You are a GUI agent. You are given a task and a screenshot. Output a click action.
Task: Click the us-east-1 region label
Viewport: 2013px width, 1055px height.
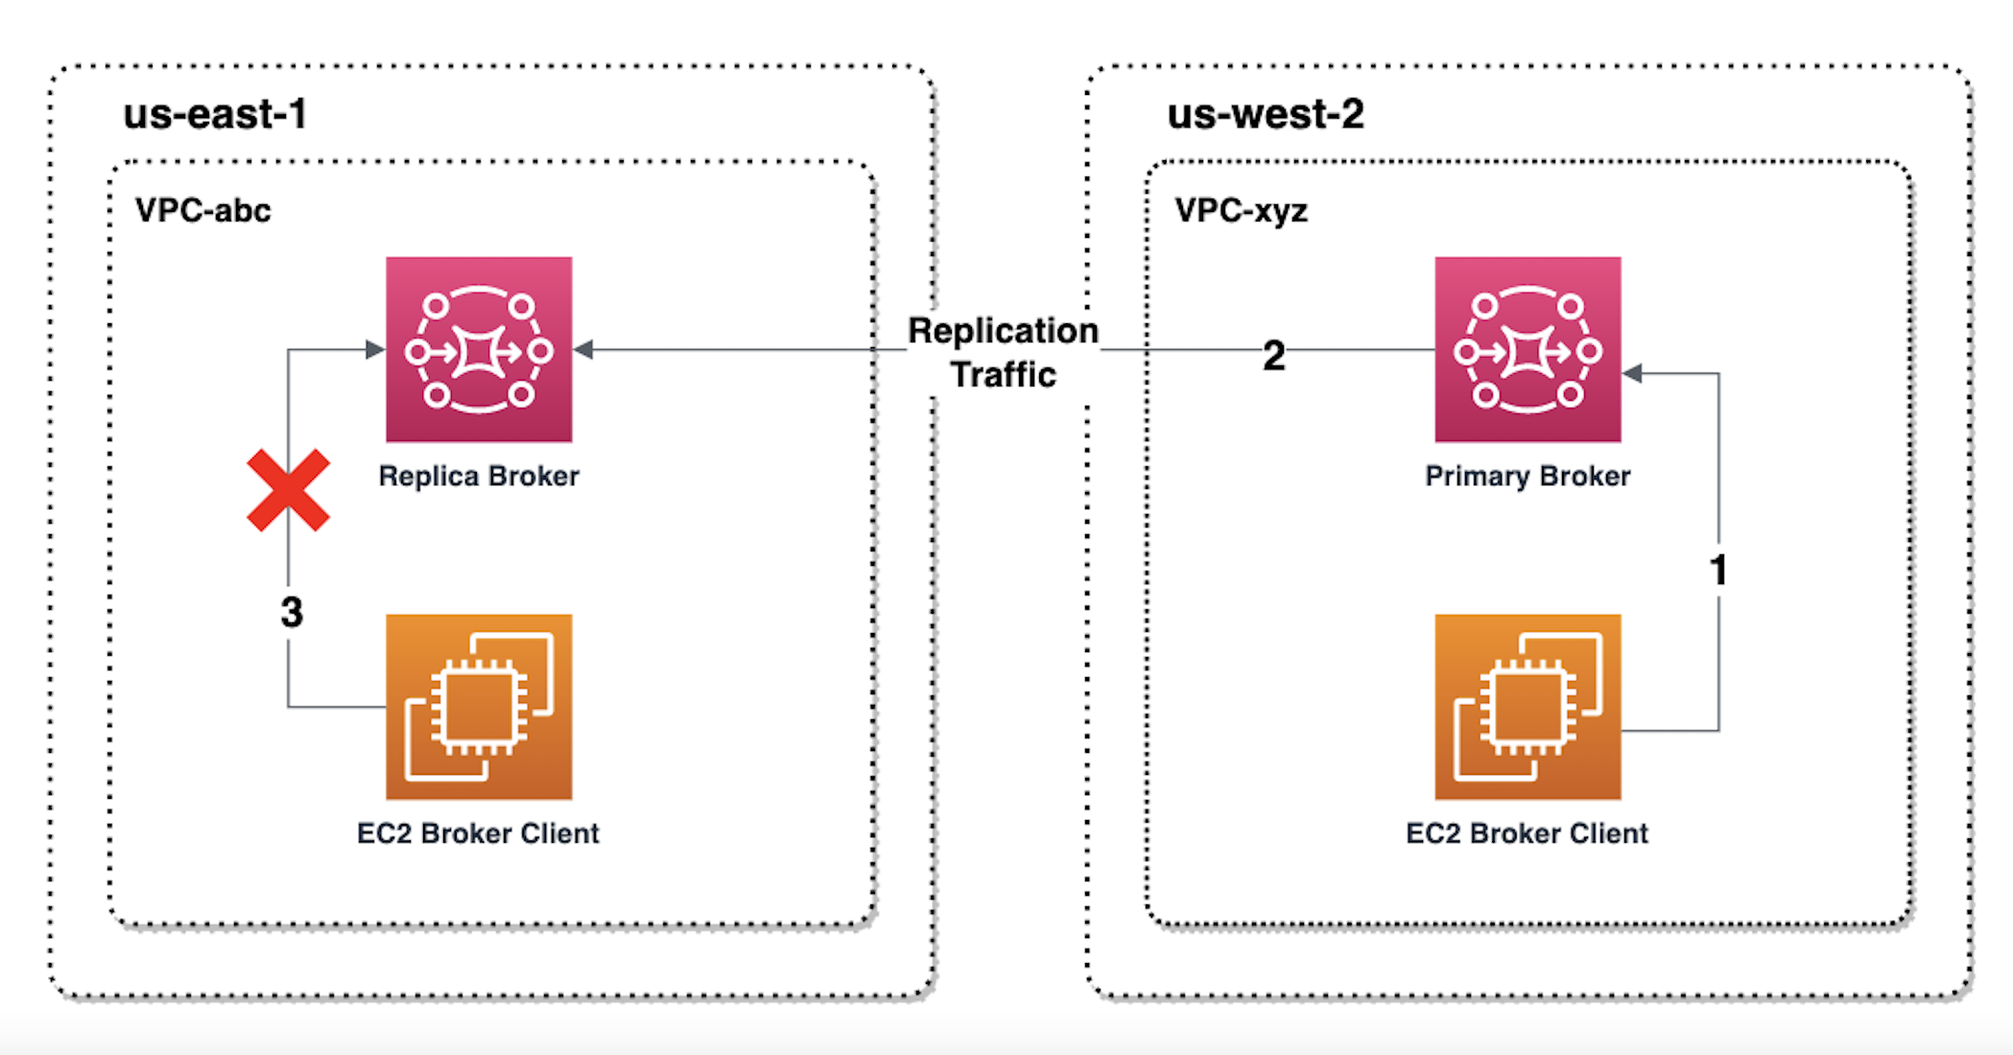[215, 114]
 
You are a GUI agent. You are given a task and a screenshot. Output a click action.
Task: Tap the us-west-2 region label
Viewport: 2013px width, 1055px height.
[1265, 114]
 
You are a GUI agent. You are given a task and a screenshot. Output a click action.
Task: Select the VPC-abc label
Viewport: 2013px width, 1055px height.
[202, 210]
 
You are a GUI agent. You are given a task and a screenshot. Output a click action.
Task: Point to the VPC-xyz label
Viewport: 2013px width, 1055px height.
[1241, 210]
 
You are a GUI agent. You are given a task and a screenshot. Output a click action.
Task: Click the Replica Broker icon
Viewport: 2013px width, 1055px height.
[479, 350]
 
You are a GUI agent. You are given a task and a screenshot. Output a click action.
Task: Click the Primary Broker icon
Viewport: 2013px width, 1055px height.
[1528, 350]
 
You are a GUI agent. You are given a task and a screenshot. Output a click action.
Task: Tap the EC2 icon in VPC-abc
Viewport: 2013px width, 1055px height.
[479, 707]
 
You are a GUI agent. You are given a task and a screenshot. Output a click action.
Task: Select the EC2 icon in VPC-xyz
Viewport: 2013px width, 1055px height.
[1528, 707]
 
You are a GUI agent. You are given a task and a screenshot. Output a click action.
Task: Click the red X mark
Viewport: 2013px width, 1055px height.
[288, 490]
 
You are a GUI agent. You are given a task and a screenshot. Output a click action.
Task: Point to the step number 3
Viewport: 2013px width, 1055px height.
[292, 612]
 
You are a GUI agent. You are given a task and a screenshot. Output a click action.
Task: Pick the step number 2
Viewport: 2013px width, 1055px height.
[1273, 356]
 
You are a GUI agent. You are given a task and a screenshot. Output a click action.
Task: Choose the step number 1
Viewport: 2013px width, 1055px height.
[1718, 570]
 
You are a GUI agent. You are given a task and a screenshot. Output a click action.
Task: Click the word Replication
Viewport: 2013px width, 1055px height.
[1003, 331]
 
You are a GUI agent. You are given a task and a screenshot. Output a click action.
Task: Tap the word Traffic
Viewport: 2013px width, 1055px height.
[1004, 374]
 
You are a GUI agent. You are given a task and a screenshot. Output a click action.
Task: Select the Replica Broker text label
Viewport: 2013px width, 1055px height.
[479, 476]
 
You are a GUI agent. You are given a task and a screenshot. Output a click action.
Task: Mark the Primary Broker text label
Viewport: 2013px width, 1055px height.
[1528, 476]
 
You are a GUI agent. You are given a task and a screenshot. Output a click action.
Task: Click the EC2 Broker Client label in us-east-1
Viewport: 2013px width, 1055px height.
[478, 833]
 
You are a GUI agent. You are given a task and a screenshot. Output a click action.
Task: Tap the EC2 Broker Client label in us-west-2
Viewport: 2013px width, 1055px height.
[1527, 833]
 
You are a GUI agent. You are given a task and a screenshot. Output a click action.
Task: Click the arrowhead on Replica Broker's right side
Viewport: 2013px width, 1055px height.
[583, 350]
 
